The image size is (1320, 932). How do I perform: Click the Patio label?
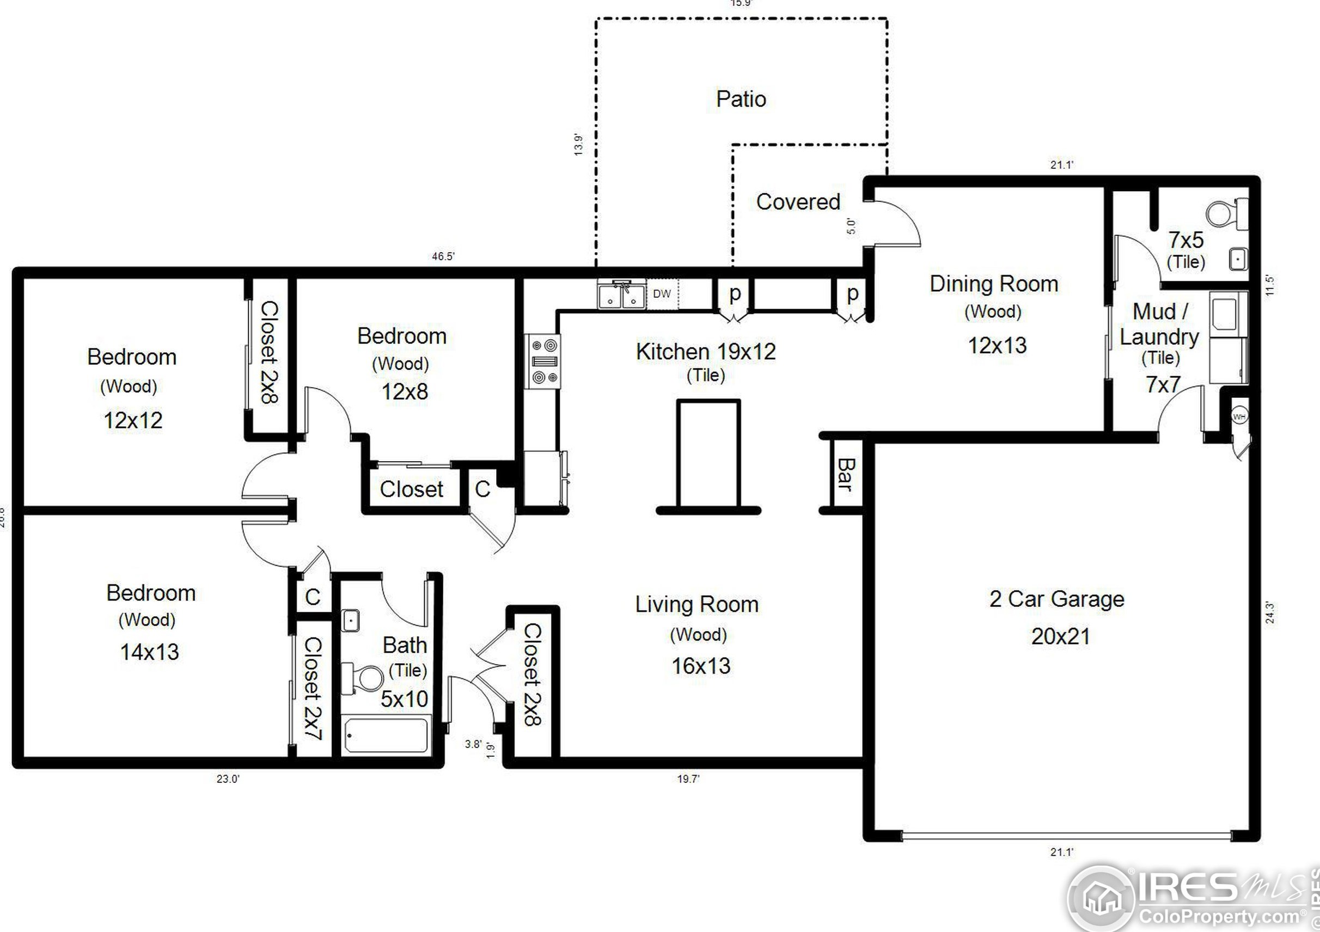(x=741, y=99)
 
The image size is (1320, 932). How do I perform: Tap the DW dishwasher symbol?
(x=662, y=293)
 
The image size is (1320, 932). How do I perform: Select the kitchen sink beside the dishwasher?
(x=621, y=295)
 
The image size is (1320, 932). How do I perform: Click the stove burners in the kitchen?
(x=544, y=361)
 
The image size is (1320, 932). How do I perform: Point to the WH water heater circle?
(x=1239, y=416)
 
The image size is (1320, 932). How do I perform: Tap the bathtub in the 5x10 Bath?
(x=386, y=735)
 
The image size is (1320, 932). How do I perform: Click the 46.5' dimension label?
(x=443, y=256)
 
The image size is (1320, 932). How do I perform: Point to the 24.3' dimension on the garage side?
(x=1270, y=612)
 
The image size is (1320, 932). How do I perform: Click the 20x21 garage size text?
(x=1060, y=636)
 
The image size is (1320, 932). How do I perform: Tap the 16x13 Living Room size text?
(x=700, y=666)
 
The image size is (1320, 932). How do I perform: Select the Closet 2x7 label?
(x=312, y=688)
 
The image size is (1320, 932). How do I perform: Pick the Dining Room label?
(x=993, y=284)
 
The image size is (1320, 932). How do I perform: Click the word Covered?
(x=798, y=201)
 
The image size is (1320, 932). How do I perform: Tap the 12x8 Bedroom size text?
(x=404, y=392)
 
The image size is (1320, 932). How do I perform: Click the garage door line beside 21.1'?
(x=1066, y=835)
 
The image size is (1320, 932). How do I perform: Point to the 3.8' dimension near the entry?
(x=473, y=744)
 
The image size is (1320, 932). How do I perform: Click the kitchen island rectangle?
(x=708, y=453)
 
